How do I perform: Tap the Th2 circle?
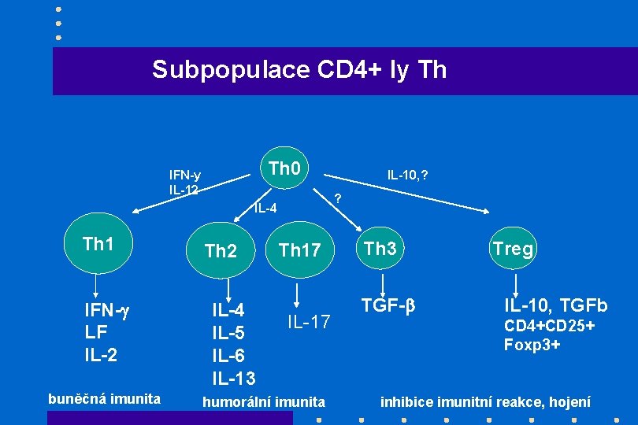click(x=221, y=251)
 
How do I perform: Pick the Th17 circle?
click(x=299, y=250)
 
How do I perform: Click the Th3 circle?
click(x=380, y=249)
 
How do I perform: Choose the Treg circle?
click(x=513, y=249)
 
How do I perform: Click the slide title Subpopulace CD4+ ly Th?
click(x=299, y=70)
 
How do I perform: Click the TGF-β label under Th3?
click(x=388, y=305)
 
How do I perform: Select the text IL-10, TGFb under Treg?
click(x=556, y=305)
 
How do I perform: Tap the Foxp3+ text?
click(x=532, y=345)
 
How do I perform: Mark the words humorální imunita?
click(x=264, y=402)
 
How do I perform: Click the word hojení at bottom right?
click(x=569, y=402)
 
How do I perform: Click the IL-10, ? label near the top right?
click(x=408, y=174)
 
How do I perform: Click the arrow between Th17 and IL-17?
click(x=298, y=295)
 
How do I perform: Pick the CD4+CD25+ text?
click(x=550, y=326)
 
